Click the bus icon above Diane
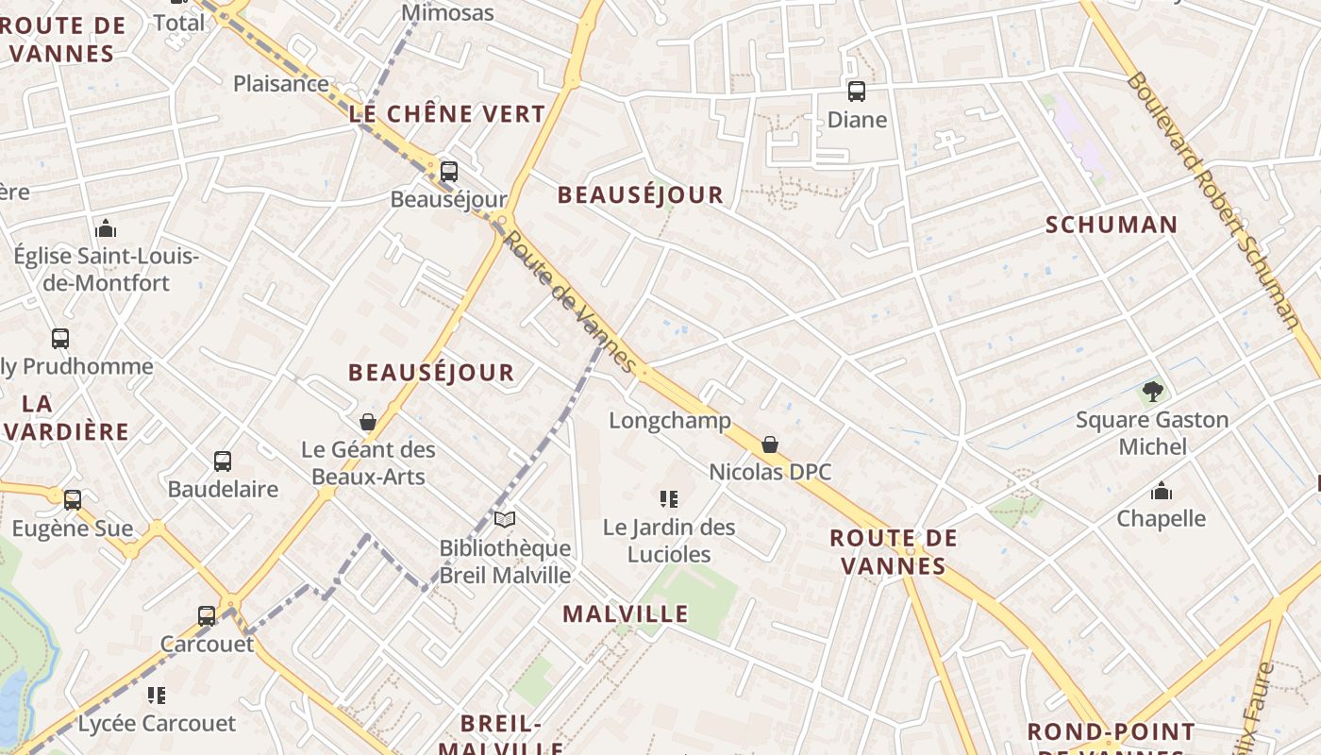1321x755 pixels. [857, 92]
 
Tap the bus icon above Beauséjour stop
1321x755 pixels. [449, 172]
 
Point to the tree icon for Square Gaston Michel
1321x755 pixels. [1151, 391]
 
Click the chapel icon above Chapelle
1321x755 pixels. [1162, 491]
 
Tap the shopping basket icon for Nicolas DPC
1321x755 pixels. [770, 445]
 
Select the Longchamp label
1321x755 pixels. [670, 420]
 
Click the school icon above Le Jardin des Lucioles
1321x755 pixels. [669, 498]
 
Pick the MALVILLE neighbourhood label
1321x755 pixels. [626, 614]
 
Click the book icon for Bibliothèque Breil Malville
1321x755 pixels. [505, 520]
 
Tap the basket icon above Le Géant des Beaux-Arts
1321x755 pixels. [368, 422]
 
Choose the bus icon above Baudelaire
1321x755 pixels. [223, 461]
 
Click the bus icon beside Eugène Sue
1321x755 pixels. [73, 500]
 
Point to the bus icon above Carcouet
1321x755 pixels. [207, 616]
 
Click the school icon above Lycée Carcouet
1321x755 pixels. [157, 696]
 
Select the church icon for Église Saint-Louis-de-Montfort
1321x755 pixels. [106, 228]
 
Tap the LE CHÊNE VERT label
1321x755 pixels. [447, 114]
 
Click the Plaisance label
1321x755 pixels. [281, 83]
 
